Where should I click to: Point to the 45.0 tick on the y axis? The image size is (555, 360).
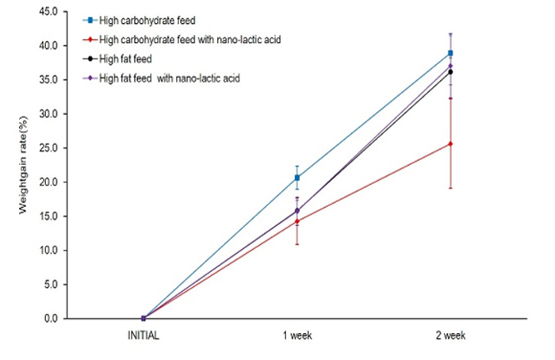pyautogui.click(x=48, y=12)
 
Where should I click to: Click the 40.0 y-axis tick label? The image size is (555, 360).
pyautogui.click(x=48, y=46)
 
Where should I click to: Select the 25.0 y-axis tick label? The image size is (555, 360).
pyautogui.click(x=48, y=148)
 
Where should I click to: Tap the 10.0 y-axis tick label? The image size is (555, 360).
pyautogui.click(x=48, y=251)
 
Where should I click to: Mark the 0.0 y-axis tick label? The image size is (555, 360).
pyautogui.click(x=51, y=319)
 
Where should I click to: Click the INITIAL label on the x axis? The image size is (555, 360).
pyautogui.click(x=144, y=336)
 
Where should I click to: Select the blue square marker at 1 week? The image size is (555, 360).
pyautogui.click(x=297, y=178)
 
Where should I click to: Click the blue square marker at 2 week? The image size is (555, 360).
pyautogui.click(x=450, y=53)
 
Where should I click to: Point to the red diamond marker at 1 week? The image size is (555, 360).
pyautogui.click(x=297, y=221)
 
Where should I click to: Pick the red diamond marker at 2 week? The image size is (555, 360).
pyautogui.click(x=450, y=144)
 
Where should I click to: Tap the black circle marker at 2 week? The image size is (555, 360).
pyautogui.click(x=450, y=72)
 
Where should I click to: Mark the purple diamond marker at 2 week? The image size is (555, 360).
pyautogui.click(x=450, y=66)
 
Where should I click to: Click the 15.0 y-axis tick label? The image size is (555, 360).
pyautogui.click(x=48, y=216)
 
